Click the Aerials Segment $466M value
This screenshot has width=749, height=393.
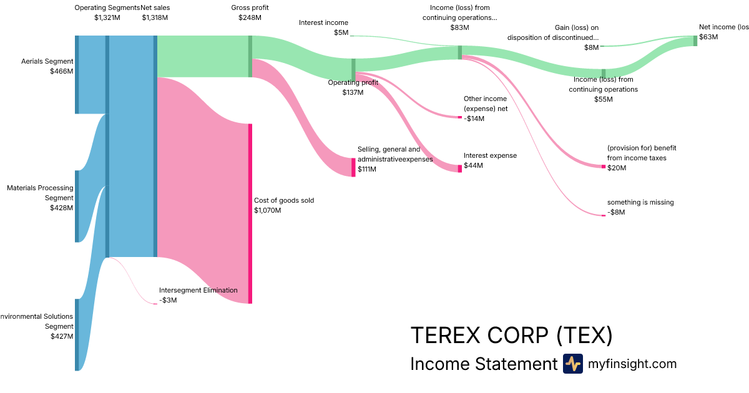click(x=61, y=72)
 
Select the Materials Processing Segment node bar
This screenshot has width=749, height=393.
click(x=77, y=206)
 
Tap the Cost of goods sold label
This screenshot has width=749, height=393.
click(x=283, y=200)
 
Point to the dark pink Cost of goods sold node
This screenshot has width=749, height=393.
click(x=250, y=213)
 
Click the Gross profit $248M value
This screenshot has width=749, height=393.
click(x=250, y=17)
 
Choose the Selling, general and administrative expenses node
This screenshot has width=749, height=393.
click(x=353, y=167)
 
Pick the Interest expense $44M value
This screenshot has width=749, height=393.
click(x=474, y=165)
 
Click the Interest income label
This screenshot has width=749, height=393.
click(x=323, y=22)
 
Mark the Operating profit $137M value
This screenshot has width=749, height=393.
click(x=353, y=92)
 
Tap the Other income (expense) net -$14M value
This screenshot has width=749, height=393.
click(x=474, y=119)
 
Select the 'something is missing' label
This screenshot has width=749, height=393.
click(x=640, y=202)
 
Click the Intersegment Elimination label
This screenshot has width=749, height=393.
click(x=198, y=290)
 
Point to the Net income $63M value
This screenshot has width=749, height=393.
click(x=708, y=37)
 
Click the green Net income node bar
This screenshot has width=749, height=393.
click(x=695, y=41)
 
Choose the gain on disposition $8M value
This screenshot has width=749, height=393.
click(x=590, y=47)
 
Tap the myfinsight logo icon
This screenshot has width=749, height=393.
click(x=572, y=364)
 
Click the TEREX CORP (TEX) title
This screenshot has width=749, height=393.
click(x=511, y=335)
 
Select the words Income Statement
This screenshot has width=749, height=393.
click(x=483, y=364)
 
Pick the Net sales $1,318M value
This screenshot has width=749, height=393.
click(x=155, y=17)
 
